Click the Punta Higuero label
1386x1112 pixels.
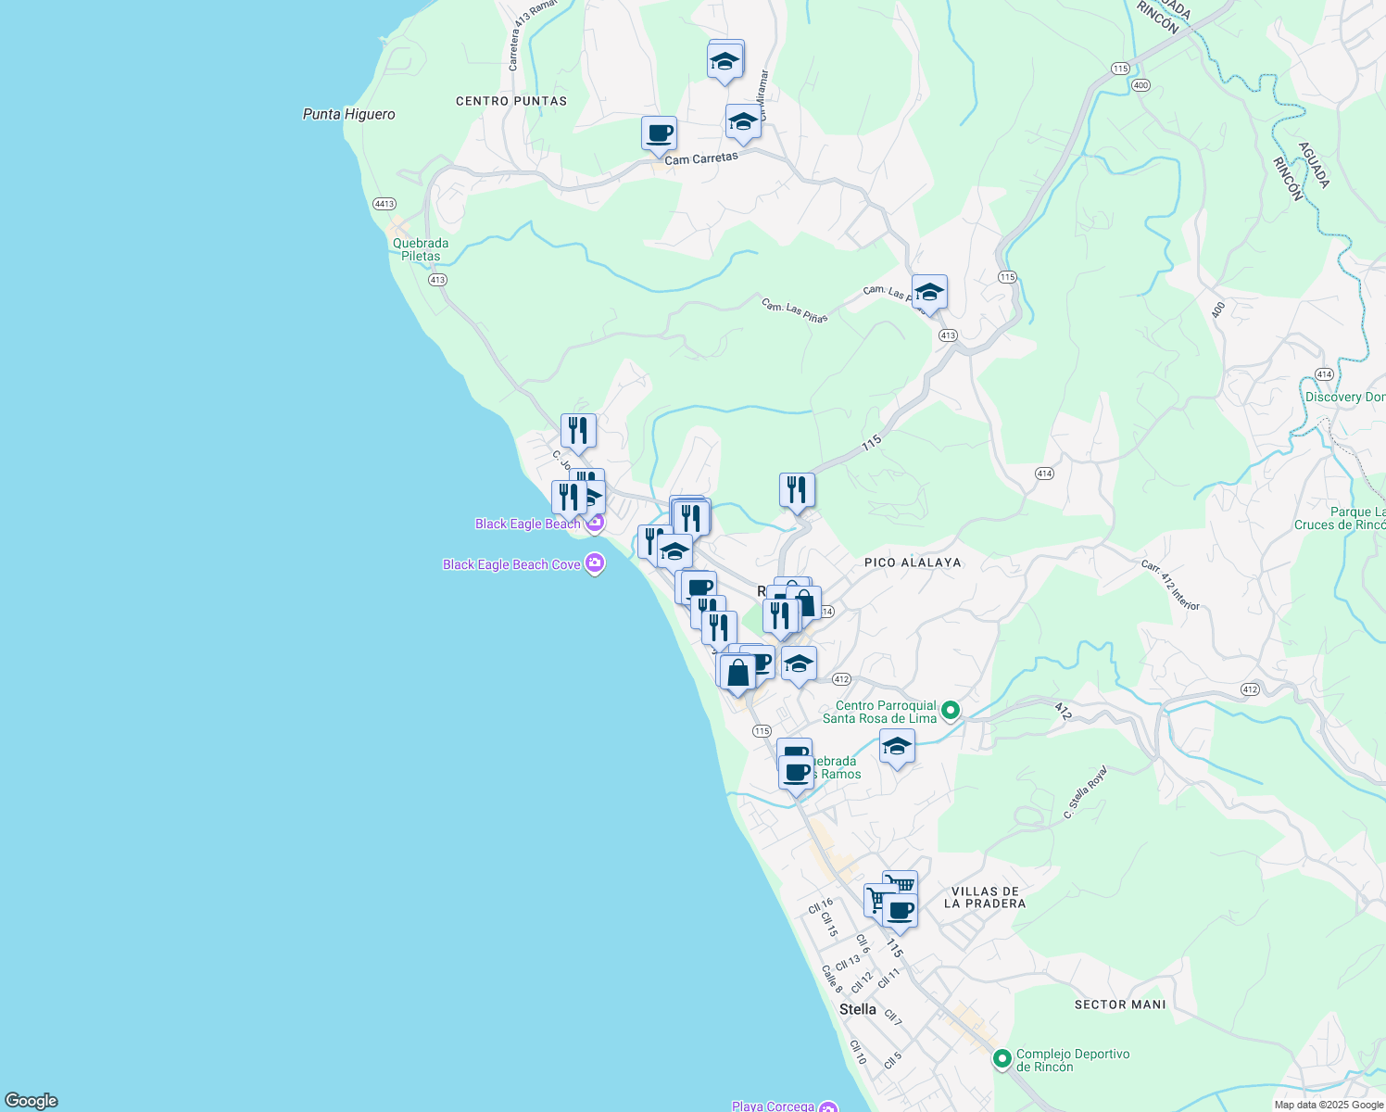pyautogui.click(x=349, y=114)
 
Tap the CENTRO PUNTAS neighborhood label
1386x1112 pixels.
pyautogui.click(x=511, y=101)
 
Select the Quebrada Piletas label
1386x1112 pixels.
pyautogui.click(x=421, y=249)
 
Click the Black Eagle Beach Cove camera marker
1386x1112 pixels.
pyautogui.click(x=595, y=563)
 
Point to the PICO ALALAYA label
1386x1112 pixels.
pyautogui.click(x=913, y=562)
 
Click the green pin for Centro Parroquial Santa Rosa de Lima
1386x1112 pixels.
pyautogui.click(x=950, y=711)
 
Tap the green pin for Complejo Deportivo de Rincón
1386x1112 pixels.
pyautogui.click(x=1002, y=1058)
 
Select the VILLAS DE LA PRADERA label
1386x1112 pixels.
pyautogui.click(x=985, y=897)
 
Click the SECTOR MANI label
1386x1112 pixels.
pyautogui.click(x=1120, y=1005)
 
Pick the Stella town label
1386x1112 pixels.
pyautogui.click(x=857, y=1009)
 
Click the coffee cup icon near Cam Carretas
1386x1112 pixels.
pyautogui.click(x=659, y=133)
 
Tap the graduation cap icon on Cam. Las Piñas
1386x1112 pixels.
pyautogui.click(x=929, y=292)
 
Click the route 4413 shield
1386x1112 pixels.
pyautogui.click(x=384, y=203)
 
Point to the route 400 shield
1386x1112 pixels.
pyautogui.click(x=1140, y=85)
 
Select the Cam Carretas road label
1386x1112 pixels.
pyautogui.click(x=701, y=158)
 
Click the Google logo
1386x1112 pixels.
pyautogui.click(x=31, y=1101)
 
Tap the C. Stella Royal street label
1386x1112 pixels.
pyautogui.click(x=1085, y=792)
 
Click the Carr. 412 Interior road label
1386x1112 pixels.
pyautogui.click(x=1170, y=585)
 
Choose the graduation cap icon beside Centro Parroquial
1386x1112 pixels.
pyautogui.click(x=897, y=746)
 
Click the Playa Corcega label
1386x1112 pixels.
pyautogui.click(x=773, y=1106)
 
